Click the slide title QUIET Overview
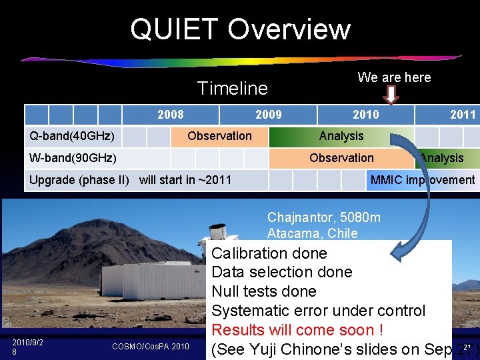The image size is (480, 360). coord(240,29)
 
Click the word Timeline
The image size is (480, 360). coord(233,88)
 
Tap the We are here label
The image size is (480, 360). coord(394,77)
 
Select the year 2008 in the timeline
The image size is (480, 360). coord(171,115)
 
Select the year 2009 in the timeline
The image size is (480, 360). coord(269,115)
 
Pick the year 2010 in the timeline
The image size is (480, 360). coord(365,115)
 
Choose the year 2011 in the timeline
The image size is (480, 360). coord(463,115)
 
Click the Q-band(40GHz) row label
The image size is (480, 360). coord(72,137)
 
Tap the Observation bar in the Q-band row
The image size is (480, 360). coord(219,136)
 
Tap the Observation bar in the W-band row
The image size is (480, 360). coord(341,158)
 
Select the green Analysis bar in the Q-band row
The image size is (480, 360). coord(341,136)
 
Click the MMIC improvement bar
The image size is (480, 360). coord(422,180)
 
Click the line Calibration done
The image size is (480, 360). coord(269,253)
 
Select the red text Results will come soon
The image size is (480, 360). coord(297,330)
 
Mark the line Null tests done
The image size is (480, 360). coord(264,291)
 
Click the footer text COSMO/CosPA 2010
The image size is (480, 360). coord(151,347)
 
